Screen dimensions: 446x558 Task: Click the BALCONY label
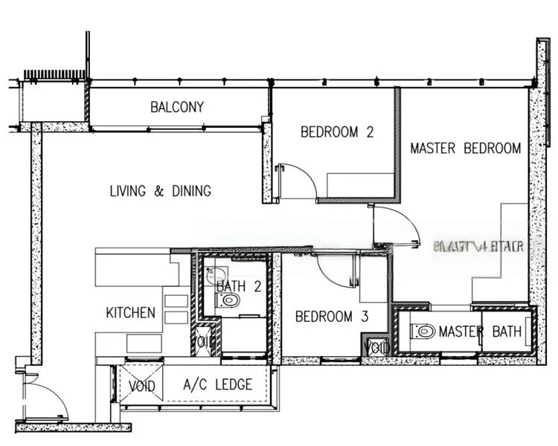176,107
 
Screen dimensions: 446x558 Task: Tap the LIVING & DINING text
160,191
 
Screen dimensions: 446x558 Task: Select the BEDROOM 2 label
336,132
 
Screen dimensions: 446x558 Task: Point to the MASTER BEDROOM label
466,148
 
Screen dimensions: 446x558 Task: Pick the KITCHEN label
130,312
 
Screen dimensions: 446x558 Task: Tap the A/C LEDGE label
218,385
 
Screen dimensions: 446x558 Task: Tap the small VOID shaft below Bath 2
205,341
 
